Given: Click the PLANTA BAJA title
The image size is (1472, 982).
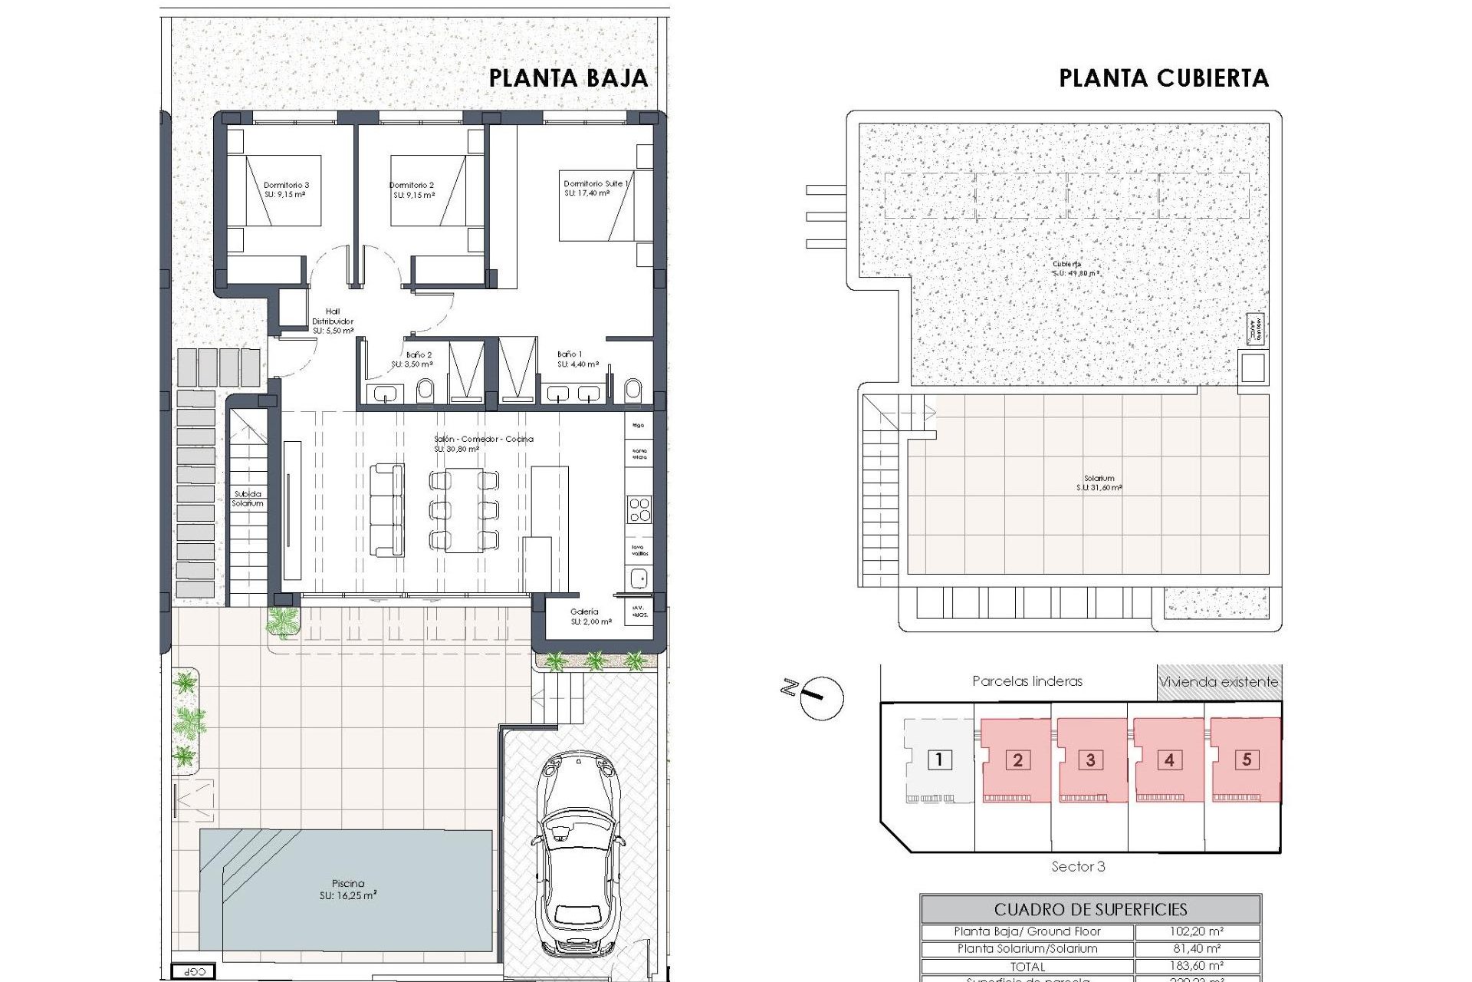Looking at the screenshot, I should pos(568,78).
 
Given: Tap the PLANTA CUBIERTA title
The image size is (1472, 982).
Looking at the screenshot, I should pos(1163,78).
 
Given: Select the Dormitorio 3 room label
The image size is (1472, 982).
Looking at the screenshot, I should pos(286,189).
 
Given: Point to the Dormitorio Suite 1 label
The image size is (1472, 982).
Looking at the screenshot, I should pos(596,188).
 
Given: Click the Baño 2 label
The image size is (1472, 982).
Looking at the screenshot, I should pos(418,359).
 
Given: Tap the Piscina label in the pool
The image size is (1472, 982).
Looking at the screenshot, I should pos(348,888).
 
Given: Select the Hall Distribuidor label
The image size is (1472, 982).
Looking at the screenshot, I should pos(333,321).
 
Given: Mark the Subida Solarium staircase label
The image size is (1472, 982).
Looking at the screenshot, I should pos(248,499).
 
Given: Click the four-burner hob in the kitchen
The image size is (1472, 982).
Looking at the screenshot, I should pos(639,509).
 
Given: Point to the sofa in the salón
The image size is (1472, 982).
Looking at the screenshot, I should pos(387,509).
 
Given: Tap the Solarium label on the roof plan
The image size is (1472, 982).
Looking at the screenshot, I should pos(1099,483).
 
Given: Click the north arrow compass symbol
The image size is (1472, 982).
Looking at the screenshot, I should pos(821,697).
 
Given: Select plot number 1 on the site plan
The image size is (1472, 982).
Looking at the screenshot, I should pos(939,760).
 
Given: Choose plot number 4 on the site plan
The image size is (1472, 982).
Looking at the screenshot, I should pos(1168,760).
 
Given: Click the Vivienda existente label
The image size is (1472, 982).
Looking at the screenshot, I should pos(1218,681).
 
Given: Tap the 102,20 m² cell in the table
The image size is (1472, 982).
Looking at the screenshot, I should pos(1196,931).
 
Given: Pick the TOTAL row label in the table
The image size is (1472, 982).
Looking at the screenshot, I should pos(1027,967).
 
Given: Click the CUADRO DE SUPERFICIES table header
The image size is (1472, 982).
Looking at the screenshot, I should pos(1090,909).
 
